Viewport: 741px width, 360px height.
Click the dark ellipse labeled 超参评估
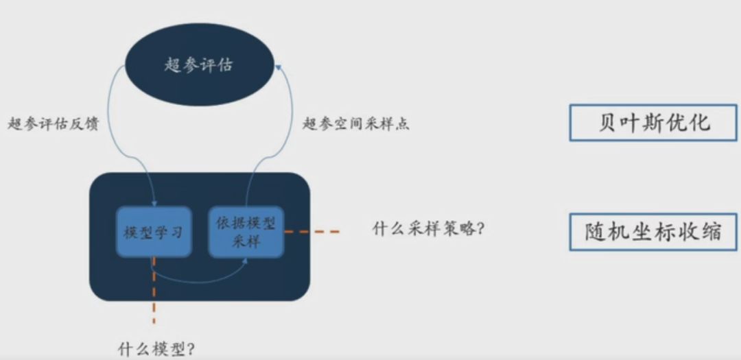[199, 66]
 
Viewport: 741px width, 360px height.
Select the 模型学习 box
[153, 232]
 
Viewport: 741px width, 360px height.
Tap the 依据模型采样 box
[246, 232]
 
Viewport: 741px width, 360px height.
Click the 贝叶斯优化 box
[653, 123]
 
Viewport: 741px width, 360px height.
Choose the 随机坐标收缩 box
[653, 231]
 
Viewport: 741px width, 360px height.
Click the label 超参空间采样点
[356, 124]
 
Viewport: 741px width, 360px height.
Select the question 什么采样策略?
[429, 228]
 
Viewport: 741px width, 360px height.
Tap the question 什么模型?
[156, 348]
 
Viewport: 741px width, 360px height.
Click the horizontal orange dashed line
[312, 232]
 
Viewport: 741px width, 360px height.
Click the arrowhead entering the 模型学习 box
[154, 203]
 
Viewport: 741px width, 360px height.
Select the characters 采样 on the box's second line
[246, 241]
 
